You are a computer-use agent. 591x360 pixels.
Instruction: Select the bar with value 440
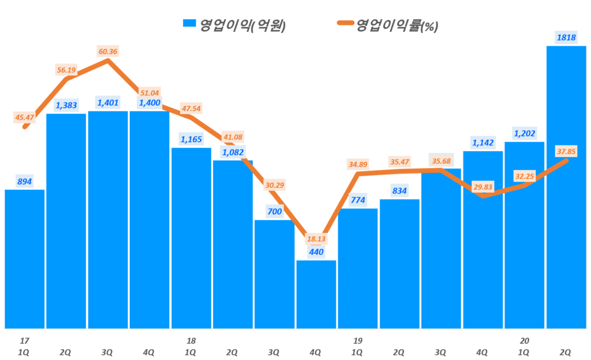316,294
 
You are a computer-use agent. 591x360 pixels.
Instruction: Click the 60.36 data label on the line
108,51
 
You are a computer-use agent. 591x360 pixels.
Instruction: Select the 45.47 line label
24,118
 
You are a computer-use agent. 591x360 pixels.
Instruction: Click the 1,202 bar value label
524,133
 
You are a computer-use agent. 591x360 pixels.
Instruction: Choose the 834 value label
399,191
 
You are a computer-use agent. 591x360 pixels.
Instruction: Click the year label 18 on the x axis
190,341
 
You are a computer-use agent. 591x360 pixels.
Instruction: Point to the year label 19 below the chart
357,341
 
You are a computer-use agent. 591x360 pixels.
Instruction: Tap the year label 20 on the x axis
523,341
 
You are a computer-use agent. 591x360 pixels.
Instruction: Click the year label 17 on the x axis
24,341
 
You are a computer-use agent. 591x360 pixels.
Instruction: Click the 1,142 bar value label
482,142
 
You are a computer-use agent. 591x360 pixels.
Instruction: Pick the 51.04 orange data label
149,92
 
